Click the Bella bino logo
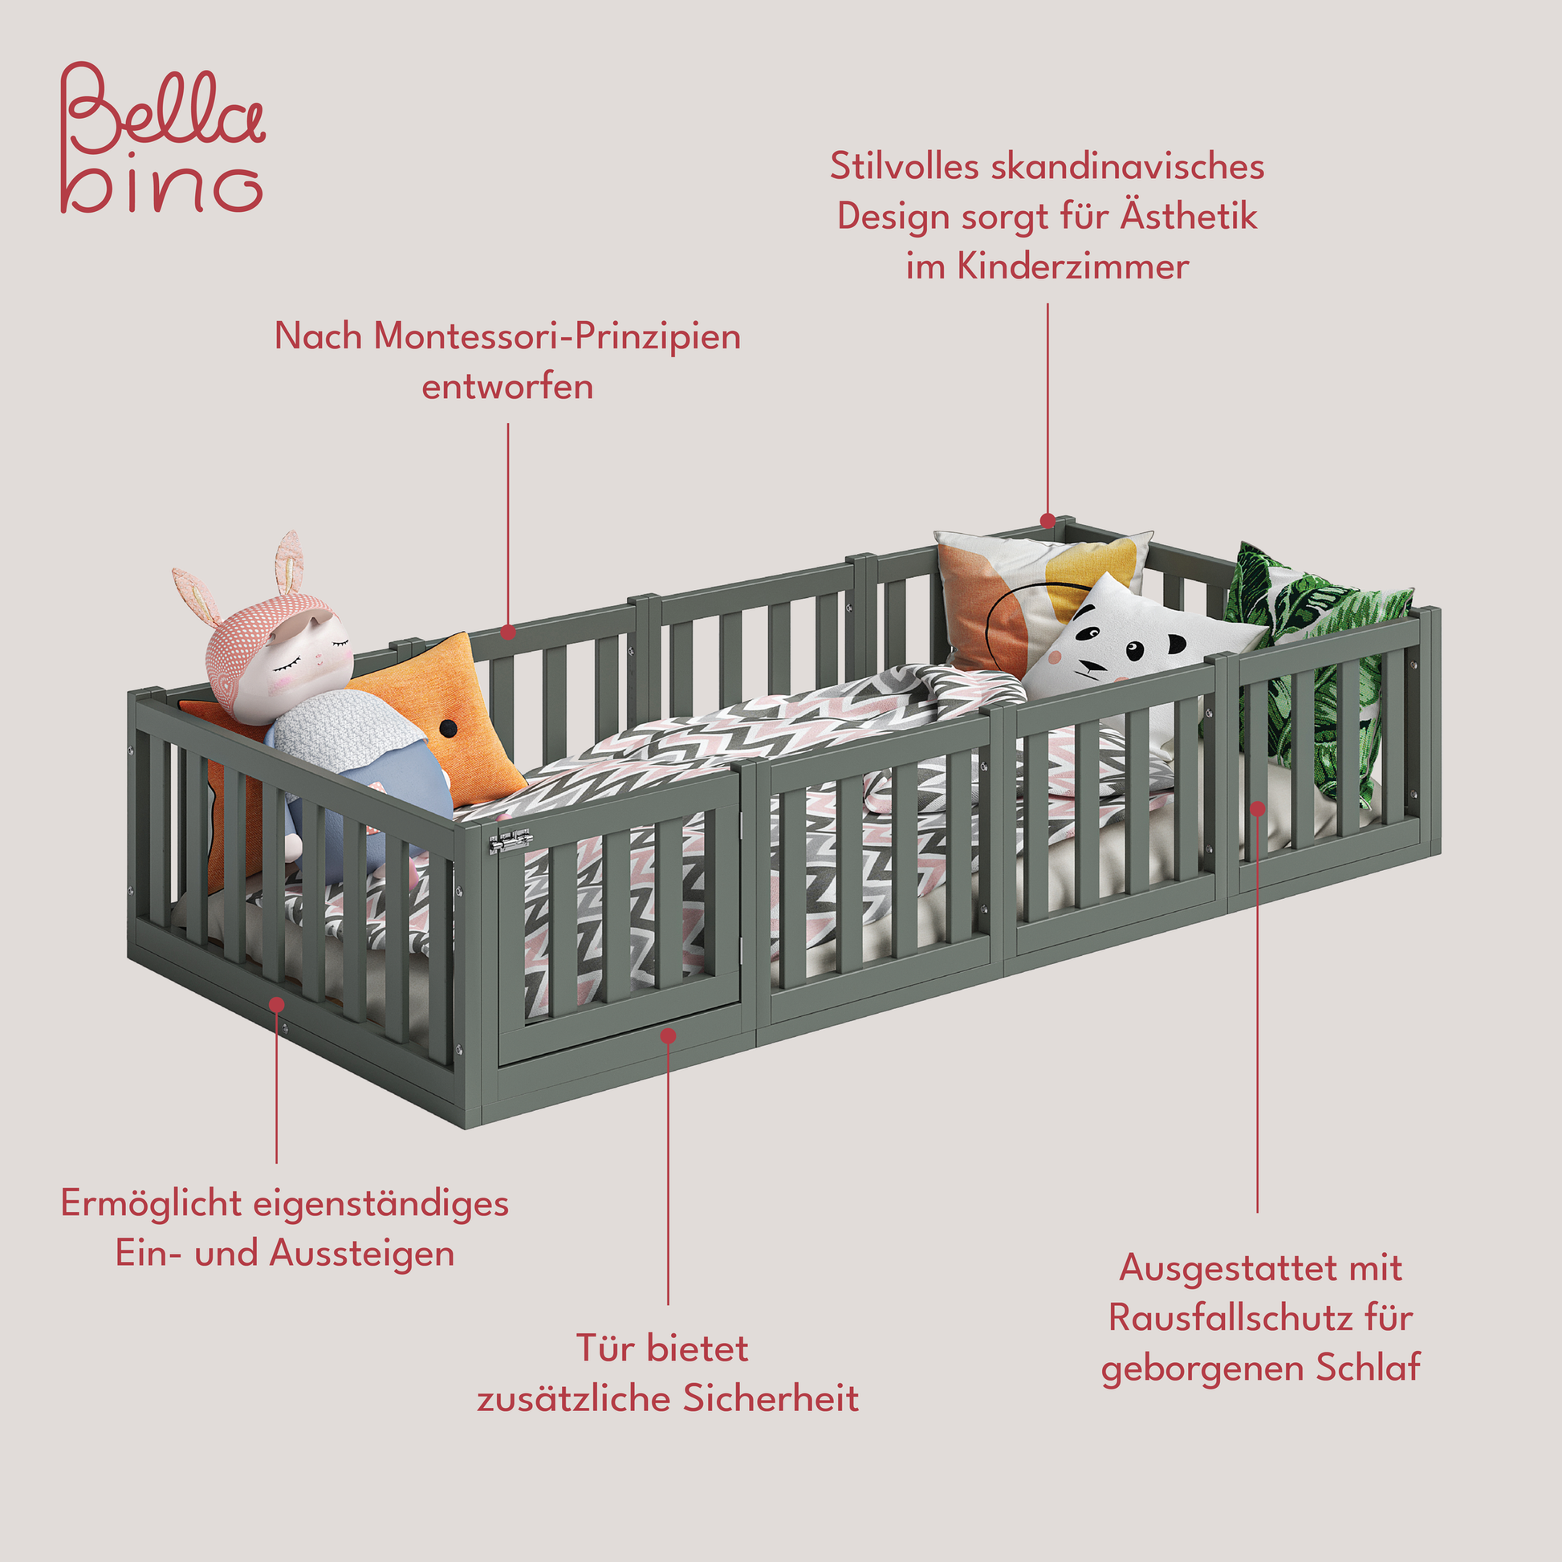point(161,137)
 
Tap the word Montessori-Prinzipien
point(557,336)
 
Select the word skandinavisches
point(1127,166)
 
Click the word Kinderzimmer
point(1073,266)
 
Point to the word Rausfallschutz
point(1232,1318)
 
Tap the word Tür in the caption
point(603,1348)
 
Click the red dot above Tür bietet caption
point(668,1035)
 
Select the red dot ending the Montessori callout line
point(508,632)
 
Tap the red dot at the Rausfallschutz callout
point(1257,807)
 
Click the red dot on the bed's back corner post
point(1047,521)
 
